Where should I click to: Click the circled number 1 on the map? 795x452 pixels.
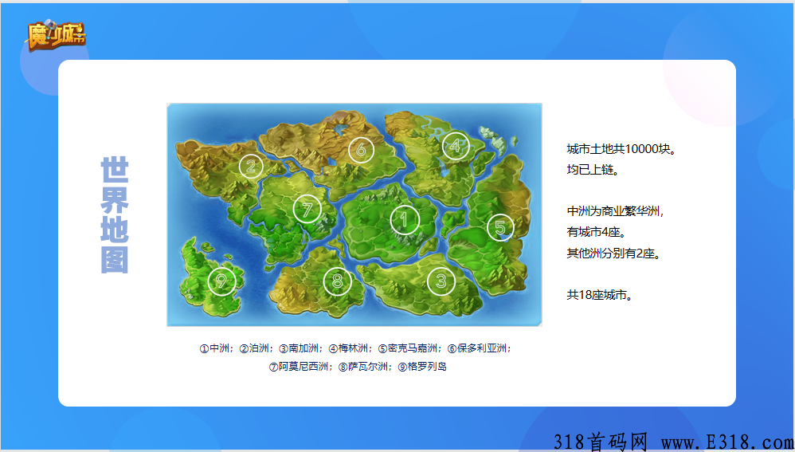pos(405,220)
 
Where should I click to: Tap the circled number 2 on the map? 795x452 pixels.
pos(251,166)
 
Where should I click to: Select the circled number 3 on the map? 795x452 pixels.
pos(441,280)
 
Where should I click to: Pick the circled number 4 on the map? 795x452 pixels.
pos(455,146)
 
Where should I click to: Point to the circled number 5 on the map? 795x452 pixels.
pos(500,228)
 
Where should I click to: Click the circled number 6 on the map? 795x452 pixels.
pos(361,149)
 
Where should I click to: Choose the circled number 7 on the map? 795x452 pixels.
pos(307,209)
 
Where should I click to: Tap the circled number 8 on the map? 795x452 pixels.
pos(338,281)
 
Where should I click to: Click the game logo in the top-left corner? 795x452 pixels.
pos(56,35)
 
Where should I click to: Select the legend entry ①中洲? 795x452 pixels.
pos(215,348)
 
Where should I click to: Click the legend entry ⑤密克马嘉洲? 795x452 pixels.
pos(409,348)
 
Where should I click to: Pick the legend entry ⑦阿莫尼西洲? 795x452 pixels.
pos(301,367)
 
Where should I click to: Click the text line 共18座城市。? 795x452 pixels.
pos(600,295)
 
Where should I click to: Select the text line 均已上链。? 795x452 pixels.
pos(593,170)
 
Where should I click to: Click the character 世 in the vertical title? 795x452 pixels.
pos(115,171)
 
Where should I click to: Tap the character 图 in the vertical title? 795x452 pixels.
pos(115,260)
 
